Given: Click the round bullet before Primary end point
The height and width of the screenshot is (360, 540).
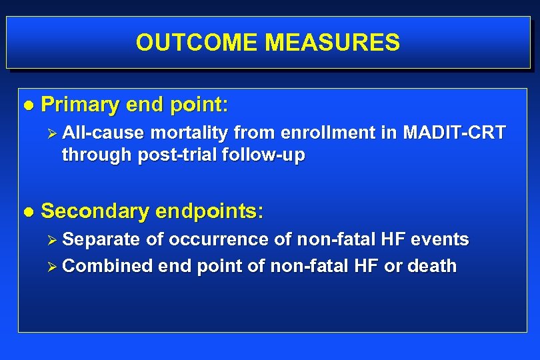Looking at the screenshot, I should pos(27,105).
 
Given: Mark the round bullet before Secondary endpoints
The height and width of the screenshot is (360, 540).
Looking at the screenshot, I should pos(27,212).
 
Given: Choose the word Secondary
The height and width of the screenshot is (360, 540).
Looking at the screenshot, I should pos(95,211).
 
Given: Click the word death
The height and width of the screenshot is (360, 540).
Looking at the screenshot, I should pos(431,266).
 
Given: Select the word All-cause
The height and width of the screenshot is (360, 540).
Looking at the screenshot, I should pos(103,133).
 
